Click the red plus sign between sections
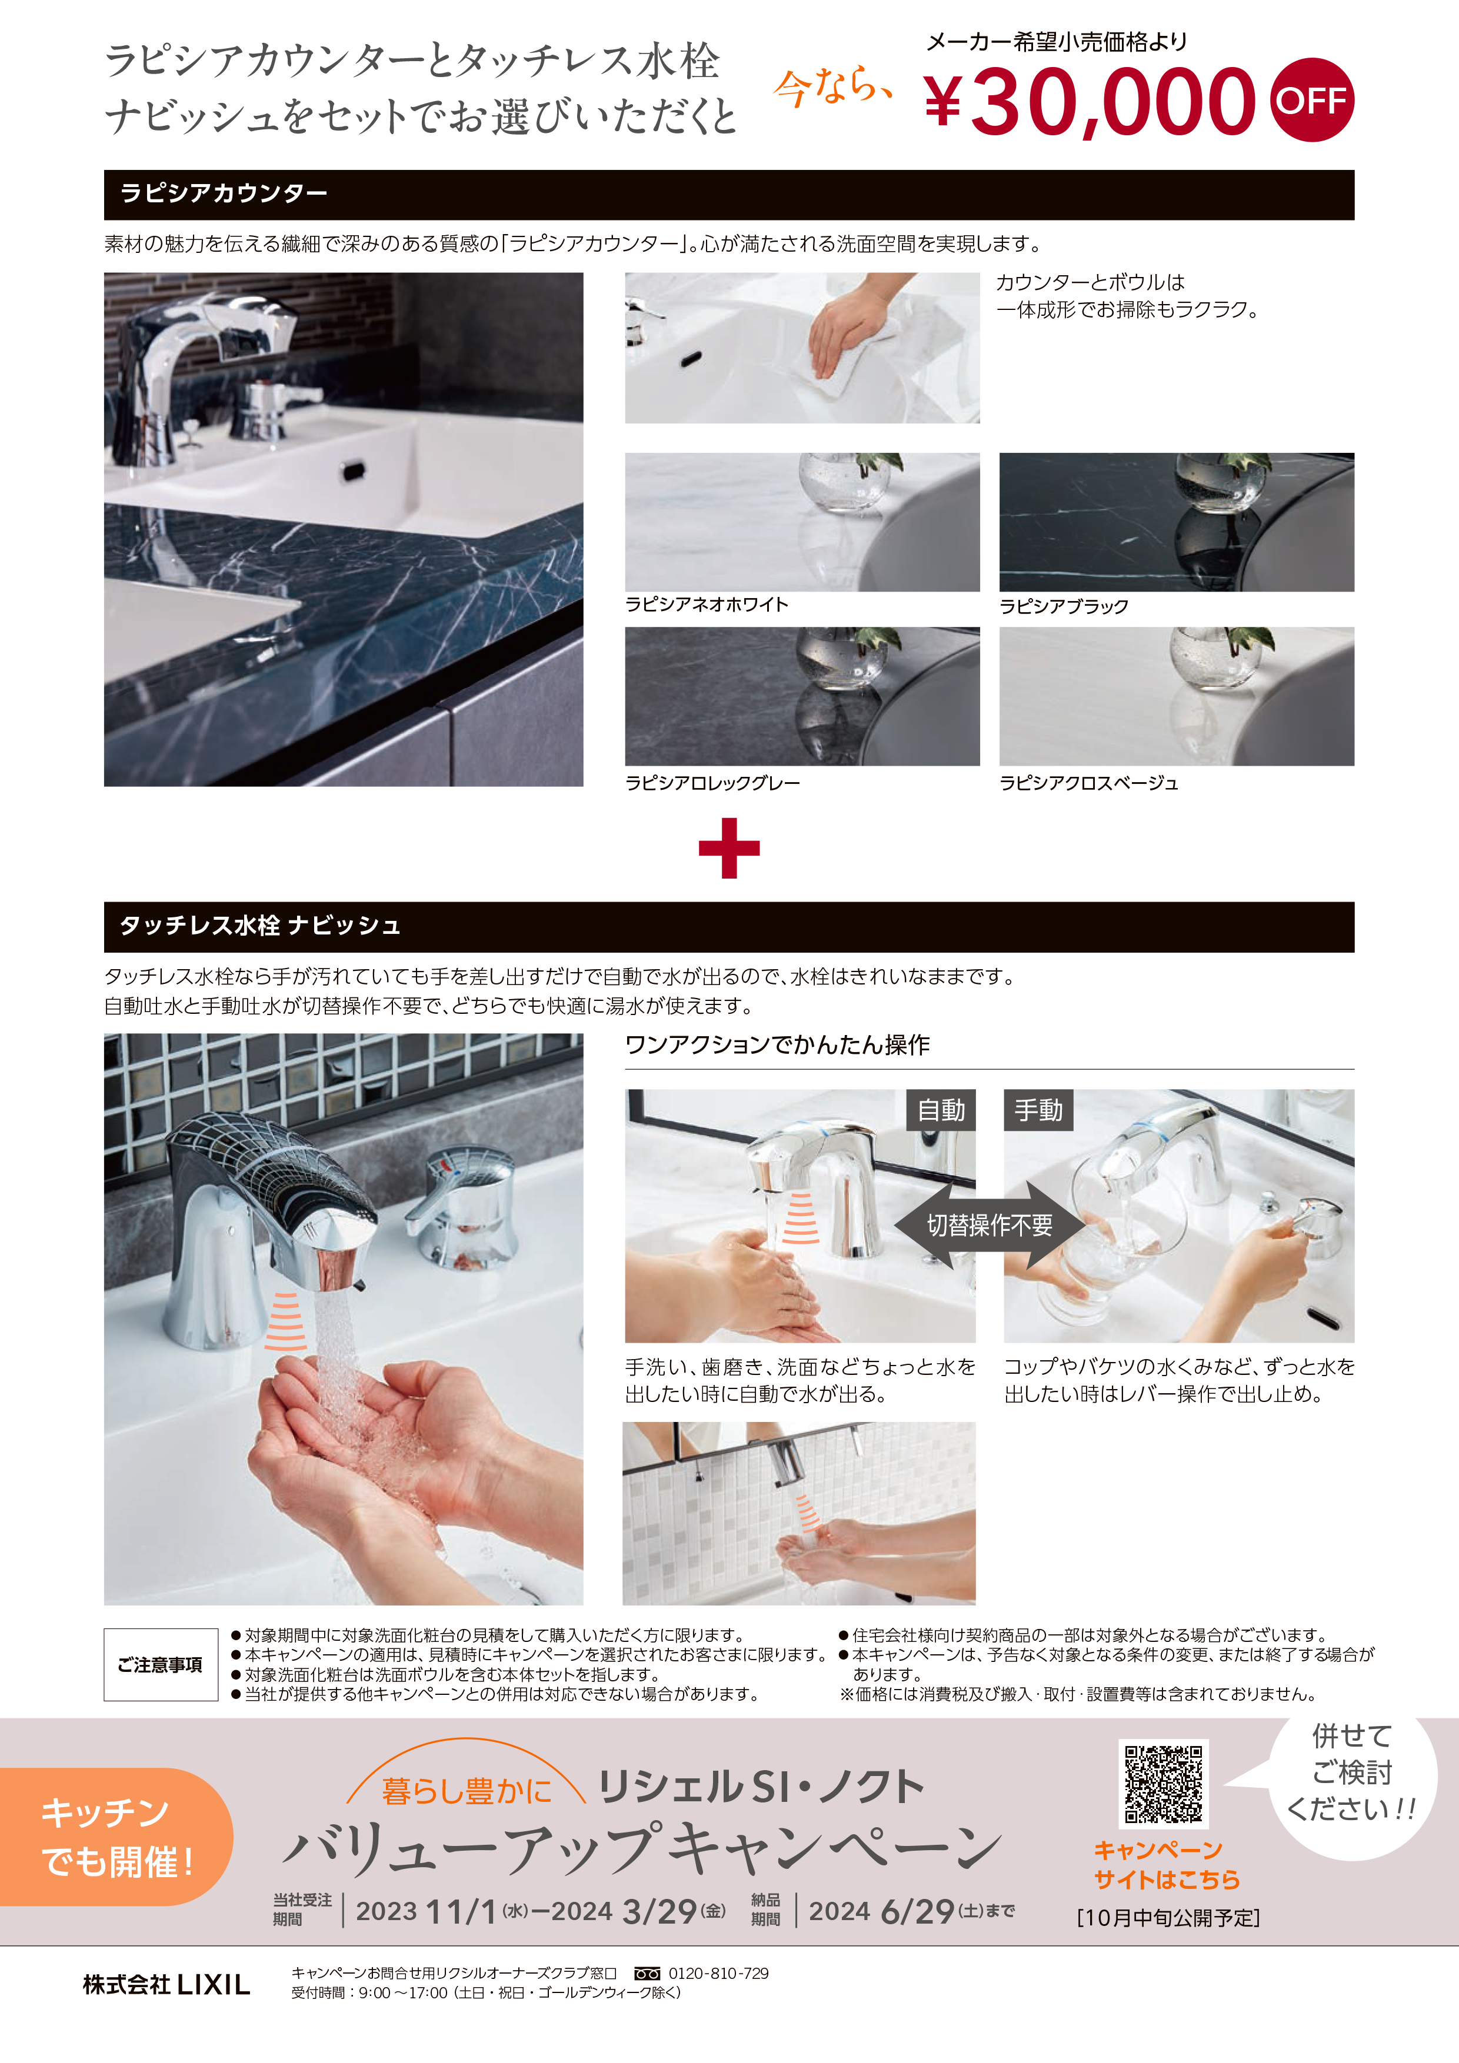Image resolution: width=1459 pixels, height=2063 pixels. click(x=729, y=847)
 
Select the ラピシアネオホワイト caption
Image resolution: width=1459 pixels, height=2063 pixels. click(x=707, y=605)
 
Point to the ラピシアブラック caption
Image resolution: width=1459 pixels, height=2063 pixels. click(x=1064, y=606)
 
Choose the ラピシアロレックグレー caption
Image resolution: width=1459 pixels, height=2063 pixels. click(x=712, y=783)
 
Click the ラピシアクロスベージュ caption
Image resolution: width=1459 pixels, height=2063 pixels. click(x=1088, y=783)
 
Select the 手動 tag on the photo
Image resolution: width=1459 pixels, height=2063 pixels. click(x=1038, y=1110)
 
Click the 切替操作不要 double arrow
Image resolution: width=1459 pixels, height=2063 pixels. click(x=990, y=1224)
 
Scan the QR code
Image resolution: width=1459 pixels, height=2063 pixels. click(x=1163, y=1784)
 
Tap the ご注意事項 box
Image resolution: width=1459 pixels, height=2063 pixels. click(x=161, y=1665)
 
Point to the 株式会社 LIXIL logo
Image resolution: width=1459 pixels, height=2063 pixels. click(x=166, y=1985)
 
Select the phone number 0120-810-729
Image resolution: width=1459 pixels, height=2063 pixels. click(x=718, y=1973)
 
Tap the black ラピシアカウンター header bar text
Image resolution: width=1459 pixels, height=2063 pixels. click(x=224, y=193)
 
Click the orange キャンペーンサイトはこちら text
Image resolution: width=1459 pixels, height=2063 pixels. click(x=1166, y=1865)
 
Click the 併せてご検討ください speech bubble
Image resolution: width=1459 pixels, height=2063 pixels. click(x=1352, y=1784)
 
